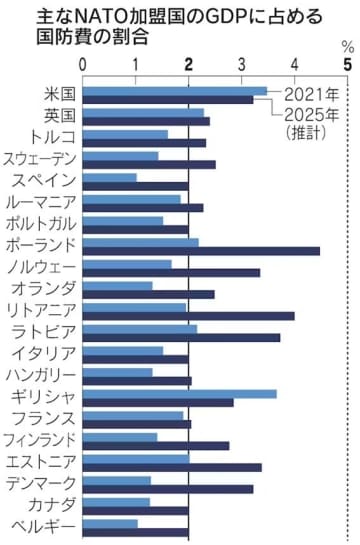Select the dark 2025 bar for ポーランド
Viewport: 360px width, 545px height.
coord(200,251)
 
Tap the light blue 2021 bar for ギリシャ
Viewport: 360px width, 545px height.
coord(178,393)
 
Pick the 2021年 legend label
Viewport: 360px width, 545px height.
coord(310,94)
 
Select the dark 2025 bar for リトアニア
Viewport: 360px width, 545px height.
coord(187,316)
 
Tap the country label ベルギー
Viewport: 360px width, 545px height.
coord(45,525)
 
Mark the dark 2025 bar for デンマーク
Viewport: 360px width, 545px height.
coord(167,489)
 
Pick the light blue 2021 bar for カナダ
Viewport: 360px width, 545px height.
coord(115,502)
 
